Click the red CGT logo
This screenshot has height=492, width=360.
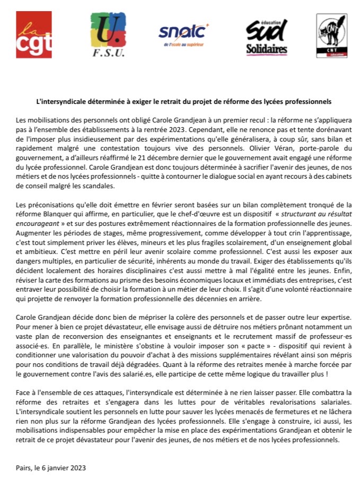point(34,34)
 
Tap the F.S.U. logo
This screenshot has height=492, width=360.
point(108,34)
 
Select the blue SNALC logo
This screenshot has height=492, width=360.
point(183,32)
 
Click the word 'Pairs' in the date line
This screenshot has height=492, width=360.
point(24,468)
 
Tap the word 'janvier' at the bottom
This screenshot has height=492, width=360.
point(57,468)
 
